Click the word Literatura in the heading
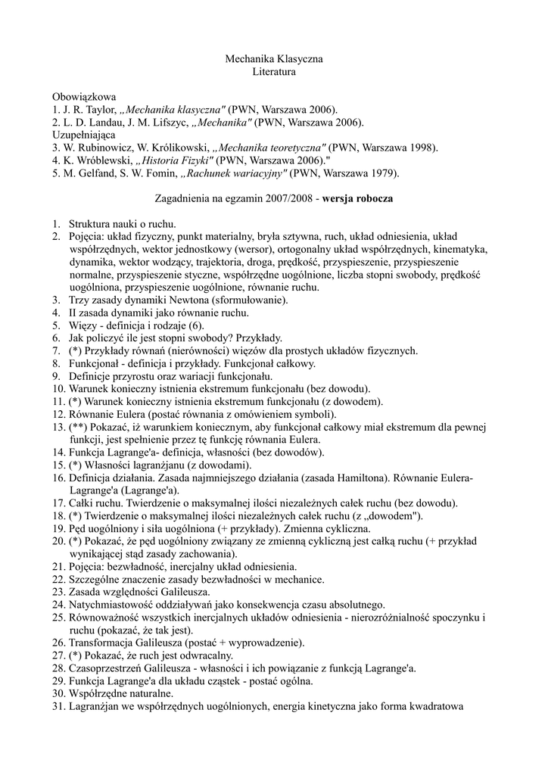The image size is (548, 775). [274, 72]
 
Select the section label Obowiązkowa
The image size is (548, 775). [84, 97]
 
